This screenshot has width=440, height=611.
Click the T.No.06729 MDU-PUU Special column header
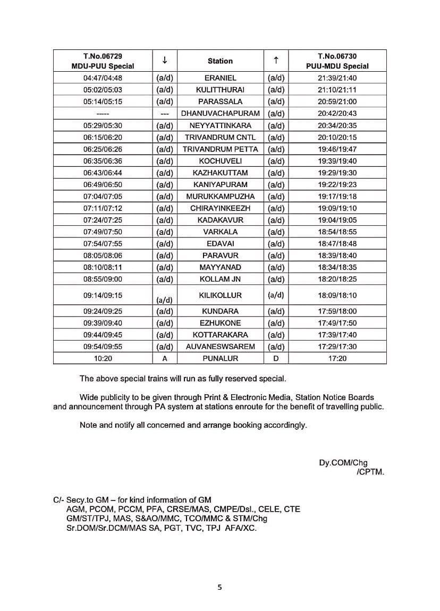(x=103, y=61)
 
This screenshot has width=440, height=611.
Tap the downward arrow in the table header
(x=165, y=61)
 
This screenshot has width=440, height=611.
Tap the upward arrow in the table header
(x=276, y=61)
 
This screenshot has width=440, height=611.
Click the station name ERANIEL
(x=220, y=78)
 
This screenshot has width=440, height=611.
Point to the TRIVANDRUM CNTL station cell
(x=220, y=137)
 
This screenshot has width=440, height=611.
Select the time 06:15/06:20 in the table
(x=103, y=137)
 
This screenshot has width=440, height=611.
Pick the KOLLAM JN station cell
(x=220, y=279)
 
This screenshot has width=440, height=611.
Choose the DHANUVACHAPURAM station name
(x=220, y=114)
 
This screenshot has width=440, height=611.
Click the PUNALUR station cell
(x=220, y=359)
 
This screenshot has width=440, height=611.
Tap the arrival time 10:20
(x=103, y=359)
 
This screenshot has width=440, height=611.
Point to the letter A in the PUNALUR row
(x=165, y=359)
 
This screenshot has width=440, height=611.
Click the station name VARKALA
(x=220, y=232)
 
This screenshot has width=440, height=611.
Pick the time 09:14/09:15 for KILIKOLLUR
(x=103, y=295)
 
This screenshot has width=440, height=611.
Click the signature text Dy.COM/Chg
(x=343, y=463)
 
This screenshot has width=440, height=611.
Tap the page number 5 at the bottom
(x=219, y=587)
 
